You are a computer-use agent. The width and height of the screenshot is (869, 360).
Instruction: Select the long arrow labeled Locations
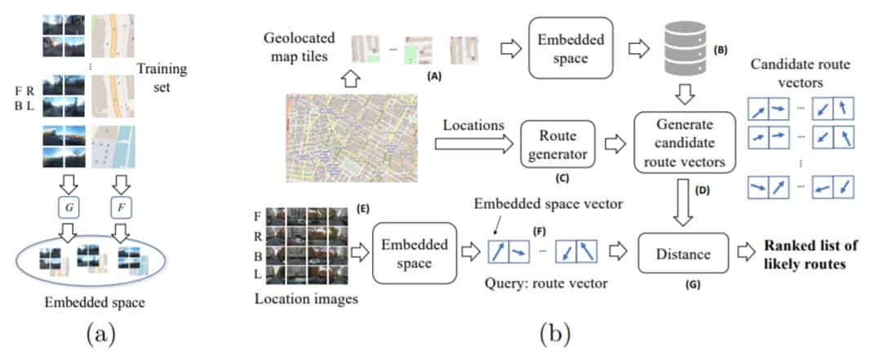(473, 143)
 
